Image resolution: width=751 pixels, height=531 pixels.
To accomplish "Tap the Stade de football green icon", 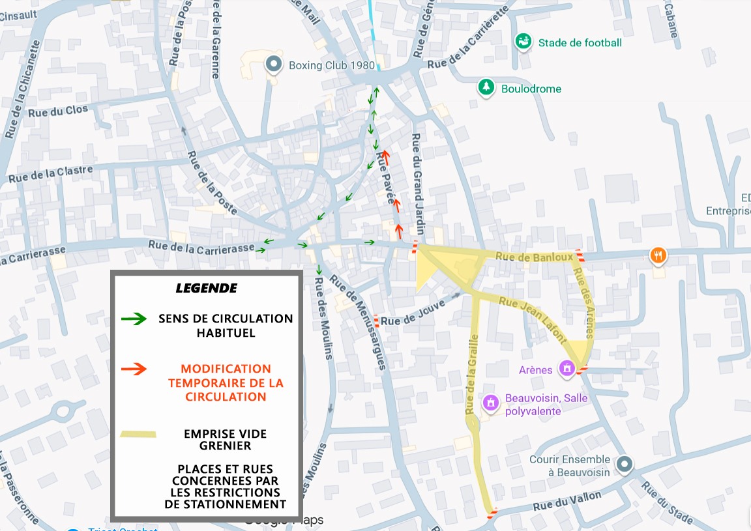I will tap(522, 42).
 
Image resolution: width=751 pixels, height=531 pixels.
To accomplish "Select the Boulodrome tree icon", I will tap(486, 88).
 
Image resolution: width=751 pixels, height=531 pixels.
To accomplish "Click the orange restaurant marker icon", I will tap(659, 255).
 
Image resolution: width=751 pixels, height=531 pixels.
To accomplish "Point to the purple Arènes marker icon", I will tap(567, 369).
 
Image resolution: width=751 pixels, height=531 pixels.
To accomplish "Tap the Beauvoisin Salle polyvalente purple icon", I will tap(492, 403).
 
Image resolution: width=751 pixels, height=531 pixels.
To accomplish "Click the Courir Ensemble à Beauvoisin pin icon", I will tap(625, 465).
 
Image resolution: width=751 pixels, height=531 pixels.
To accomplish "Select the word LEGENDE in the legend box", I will tap(207, 288).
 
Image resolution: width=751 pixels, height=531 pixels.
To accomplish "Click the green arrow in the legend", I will tap(134, 319).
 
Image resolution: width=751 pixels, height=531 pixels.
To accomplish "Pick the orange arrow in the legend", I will tap(134, 369).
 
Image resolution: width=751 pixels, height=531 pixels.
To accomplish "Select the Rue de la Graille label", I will tap(472, 374).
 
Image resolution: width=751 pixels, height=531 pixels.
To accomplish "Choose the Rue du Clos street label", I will tap(57, 111).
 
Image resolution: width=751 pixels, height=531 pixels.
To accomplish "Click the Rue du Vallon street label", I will tap(567, 501).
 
